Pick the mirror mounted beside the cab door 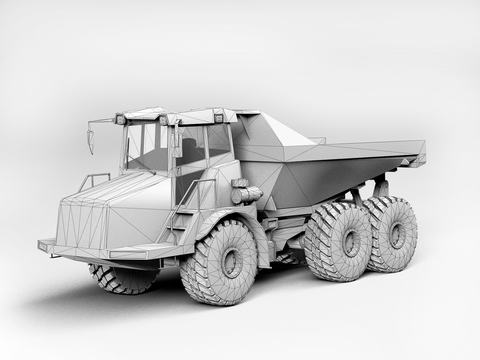pyautogui.click(x=177, y=145)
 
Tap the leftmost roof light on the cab pyautogui.click(x=120, y=118)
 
